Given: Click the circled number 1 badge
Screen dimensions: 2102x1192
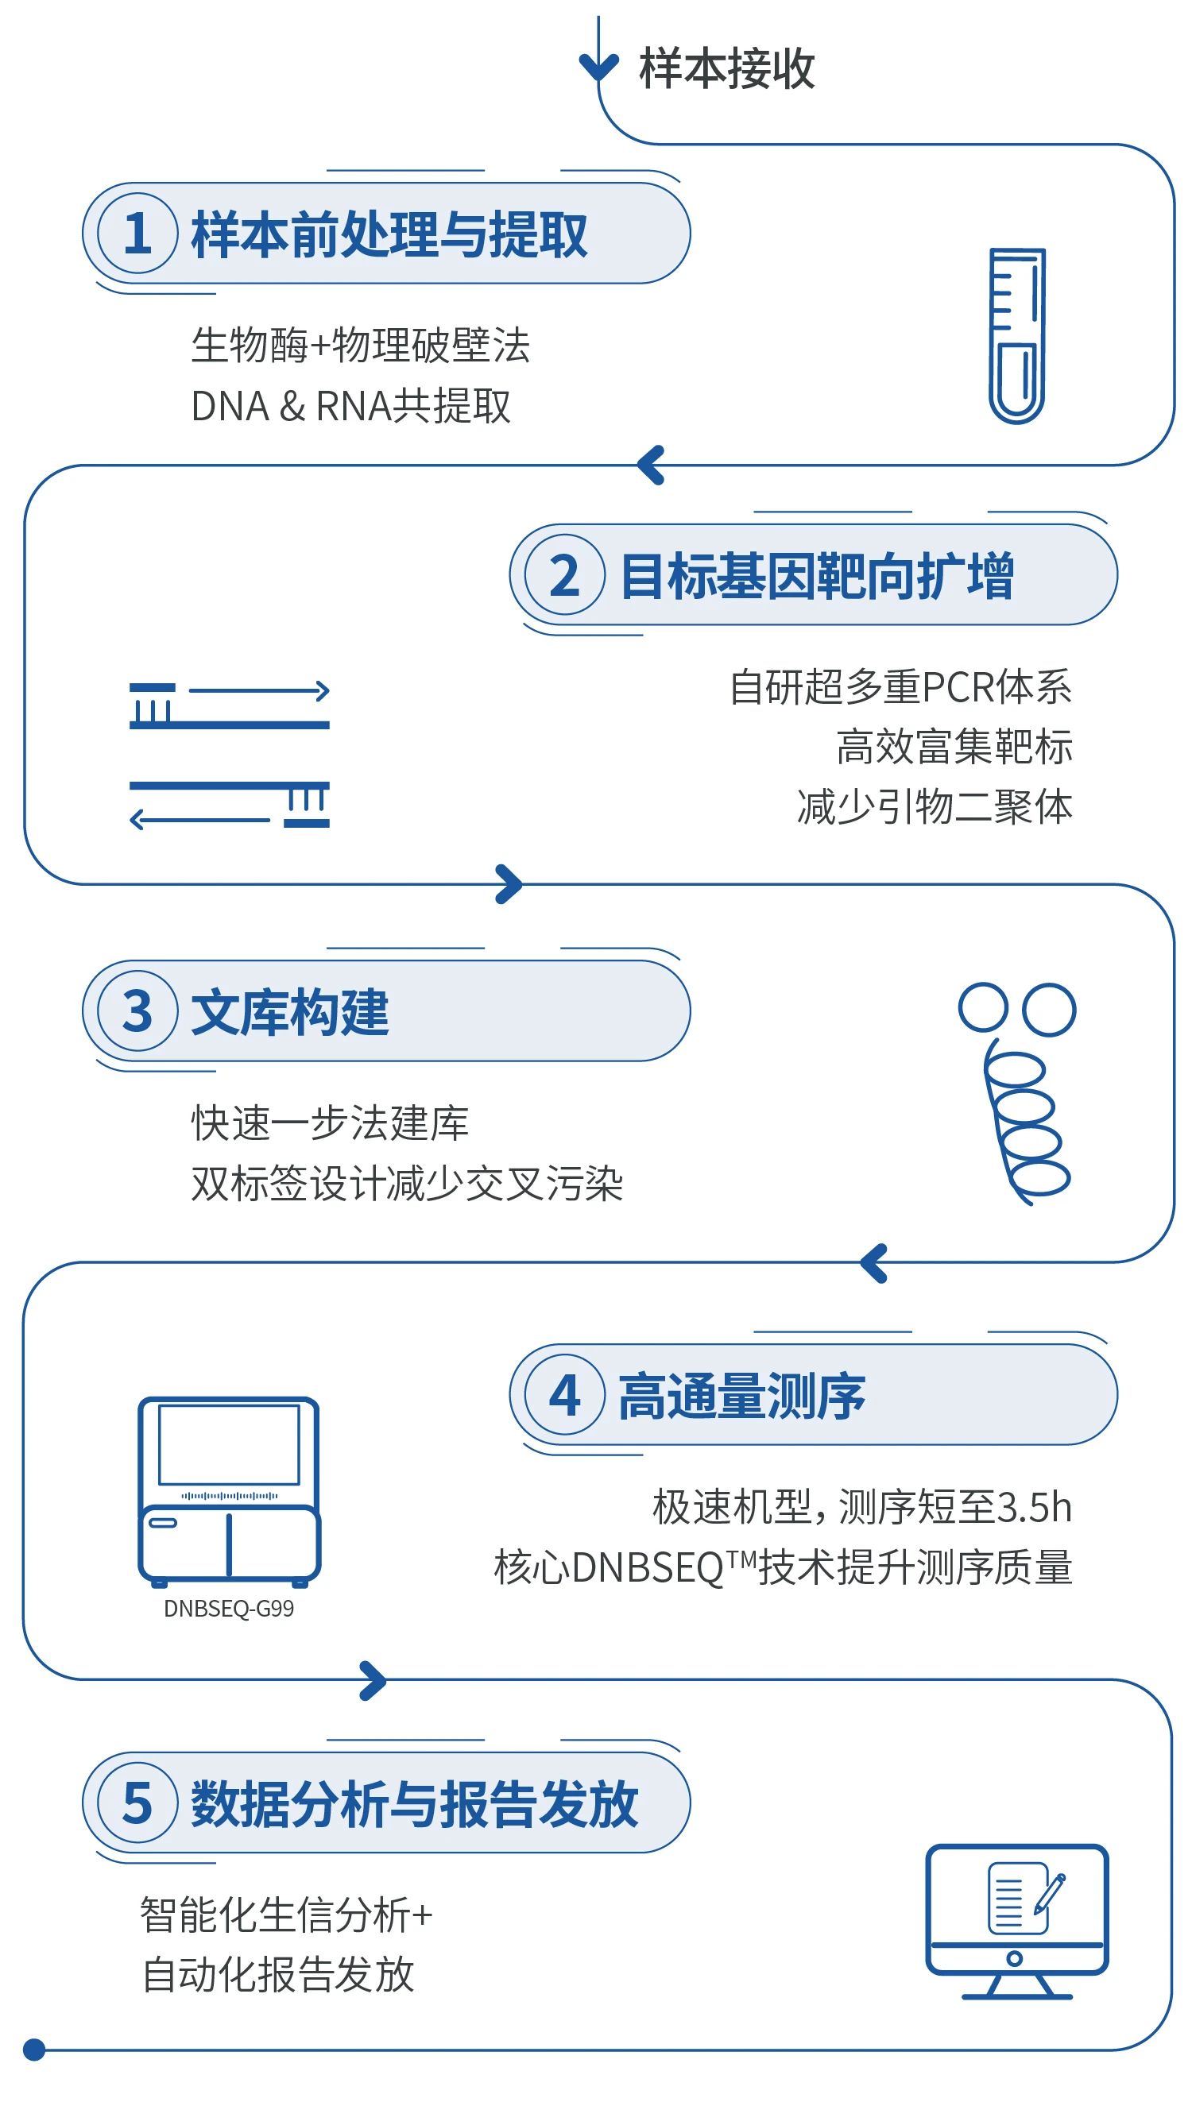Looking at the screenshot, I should click(x=137, y=234).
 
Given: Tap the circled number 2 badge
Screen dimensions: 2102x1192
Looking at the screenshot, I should click(x=564, y=574).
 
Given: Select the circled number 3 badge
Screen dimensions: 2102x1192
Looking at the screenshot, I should click(x=137, y=1010).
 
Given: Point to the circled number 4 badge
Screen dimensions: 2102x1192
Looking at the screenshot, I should click(x=564, y=1395).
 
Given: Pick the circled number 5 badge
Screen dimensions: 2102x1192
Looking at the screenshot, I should click(x=137, y=1803).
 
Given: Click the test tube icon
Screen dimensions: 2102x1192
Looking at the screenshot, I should click(x=1017, y=335).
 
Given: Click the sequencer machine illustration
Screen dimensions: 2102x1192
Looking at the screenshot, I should click(x=228, y=1490).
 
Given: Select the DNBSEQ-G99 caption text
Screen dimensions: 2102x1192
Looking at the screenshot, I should click(x=228, y=1609).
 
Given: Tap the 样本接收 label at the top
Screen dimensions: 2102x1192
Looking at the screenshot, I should click(x=726, y=69).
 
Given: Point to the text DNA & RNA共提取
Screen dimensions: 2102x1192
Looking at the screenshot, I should click(x=350, y=406).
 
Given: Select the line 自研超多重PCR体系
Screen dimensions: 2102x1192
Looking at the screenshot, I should click(x=900, y=686).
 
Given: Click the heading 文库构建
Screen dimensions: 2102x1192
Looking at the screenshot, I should click(x=290, y=1012).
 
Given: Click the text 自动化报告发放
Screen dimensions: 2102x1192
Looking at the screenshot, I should click(x=278, y=1974).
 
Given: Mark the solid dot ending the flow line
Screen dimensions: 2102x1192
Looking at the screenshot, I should click(x=33, y=2050).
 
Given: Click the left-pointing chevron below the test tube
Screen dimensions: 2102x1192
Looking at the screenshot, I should click(x=651, y=465).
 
